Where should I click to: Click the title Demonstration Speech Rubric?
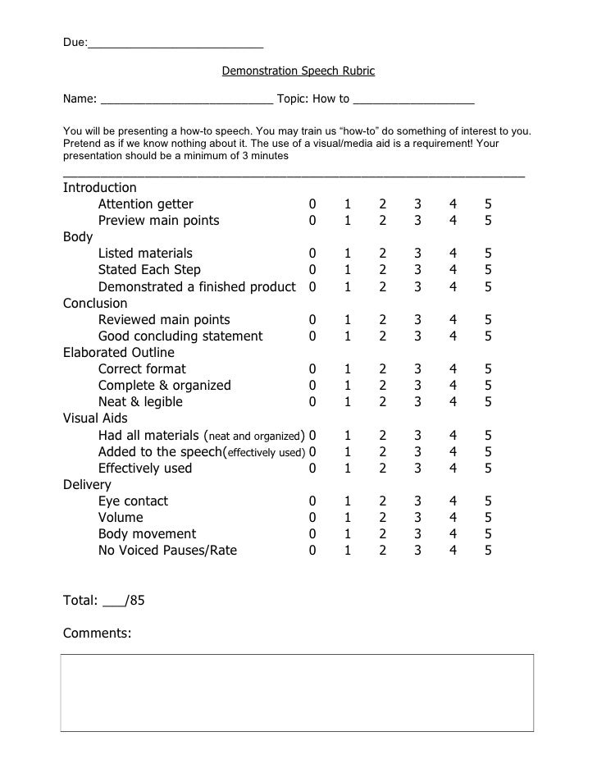tap(298, 71)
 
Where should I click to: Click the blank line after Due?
tap(175, 43)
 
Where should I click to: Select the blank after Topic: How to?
tap(414, 100)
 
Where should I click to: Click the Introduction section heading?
tap(100, 187)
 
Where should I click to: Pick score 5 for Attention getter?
tap(488, 204)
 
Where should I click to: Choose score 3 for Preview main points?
tap(417, 221)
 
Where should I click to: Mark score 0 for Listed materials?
tap(312, 254)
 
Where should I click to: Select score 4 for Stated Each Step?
tap(453, 270)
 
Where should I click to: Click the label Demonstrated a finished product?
tap(197, 287)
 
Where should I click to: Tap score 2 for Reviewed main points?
tap(382, 320)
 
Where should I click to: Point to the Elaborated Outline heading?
tap(119, 353)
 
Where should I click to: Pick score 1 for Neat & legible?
tap(347, 402)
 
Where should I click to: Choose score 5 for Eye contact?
tap(488, 501)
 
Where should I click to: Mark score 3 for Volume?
tap(417, 518)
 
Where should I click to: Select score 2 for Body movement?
tap(382, 534)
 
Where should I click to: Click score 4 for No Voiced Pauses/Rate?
tap(453, 551)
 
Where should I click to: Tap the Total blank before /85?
tap(114, 601)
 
